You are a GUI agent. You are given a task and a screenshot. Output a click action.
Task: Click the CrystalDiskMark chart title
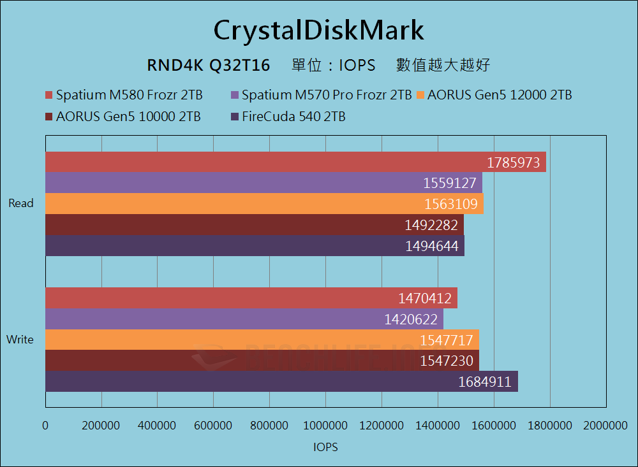pyautogui.click(x=318, y=30)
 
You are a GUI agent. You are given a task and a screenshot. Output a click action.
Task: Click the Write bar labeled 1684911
pyautogui.click(x=281, y=382)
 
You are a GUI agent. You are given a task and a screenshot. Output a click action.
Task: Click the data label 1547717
pyautogui.click(x=447, y=340)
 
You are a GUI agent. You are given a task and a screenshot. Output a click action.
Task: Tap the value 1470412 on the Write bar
pyautogui.click(x=425, y=298)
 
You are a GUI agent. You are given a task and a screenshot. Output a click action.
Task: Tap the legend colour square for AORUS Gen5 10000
pyautogui.click(x=49, y=117)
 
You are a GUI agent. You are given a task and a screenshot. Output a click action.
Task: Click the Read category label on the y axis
pyautogui.click(x=21, y=204)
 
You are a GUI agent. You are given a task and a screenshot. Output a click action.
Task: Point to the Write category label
pyautogui.click(x=20, y=340)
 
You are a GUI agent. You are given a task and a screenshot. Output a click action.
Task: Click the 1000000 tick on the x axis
pyautogui.click(x=325, y=425)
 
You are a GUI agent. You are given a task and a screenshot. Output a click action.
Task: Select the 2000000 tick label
pyautogui.click(x=605, y=425)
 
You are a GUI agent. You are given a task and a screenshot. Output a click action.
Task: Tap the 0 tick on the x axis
pyautogui.click(x=45, y=425)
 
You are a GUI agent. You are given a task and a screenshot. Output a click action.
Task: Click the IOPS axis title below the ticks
pyautogui.click(x=325, y=447)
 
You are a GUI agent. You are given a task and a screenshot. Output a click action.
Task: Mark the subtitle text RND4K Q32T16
pyautogui.click(x=209, y=65)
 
